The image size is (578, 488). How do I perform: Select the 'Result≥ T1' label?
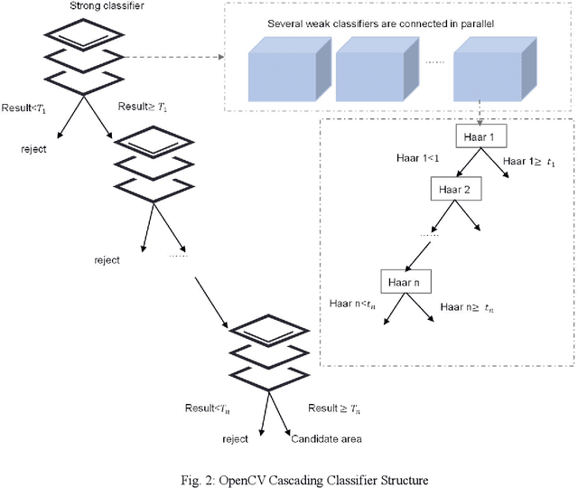pyautogui.click(x=141, y=108)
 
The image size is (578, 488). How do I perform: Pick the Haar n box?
pyautogui.click(x=406, y=281)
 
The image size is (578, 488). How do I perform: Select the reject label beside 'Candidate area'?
pyautogui.click(x=235, y=438)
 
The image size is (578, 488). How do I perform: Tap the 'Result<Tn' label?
pyautogui.click(x=209, y=408)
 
